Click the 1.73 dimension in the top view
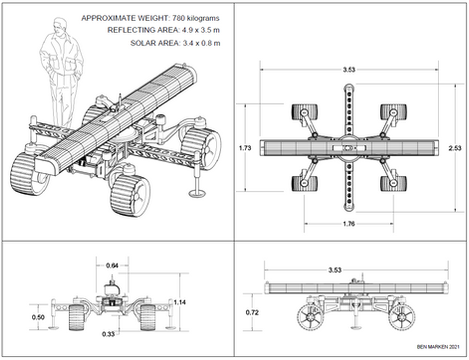tap(245, 148)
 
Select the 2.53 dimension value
tap(455, 148)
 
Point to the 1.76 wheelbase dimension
tap(349, 224)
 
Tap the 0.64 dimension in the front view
tap(112, 266)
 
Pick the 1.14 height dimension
tap(180, 302)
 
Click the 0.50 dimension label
tap(38, 317)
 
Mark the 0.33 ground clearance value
tap(108, 334)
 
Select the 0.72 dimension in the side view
tap(252, 313)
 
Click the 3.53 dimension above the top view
tap(349, 70)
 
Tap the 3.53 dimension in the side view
tap(335, 270)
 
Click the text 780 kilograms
tap(196, 18)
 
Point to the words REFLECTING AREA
tap(143, 30)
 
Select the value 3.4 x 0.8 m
tap(201, 43)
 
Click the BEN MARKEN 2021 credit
tap(438, 347)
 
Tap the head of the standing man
tap(59, 26)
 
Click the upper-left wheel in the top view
tap(305, 112)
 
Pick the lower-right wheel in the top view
tap(393, 183)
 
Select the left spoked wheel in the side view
tap(310, 317)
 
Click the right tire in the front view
tap(147, 317)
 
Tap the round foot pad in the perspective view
tap(197, 193)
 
